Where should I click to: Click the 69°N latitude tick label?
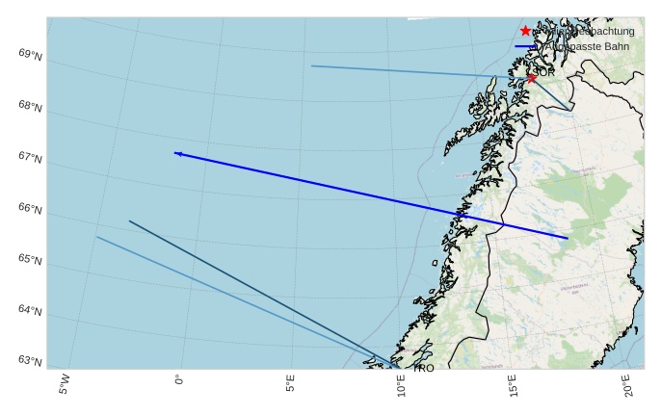[30, 54]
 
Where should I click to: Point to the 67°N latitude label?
[30, 157]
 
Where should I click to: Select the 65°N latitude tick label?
[30, 259]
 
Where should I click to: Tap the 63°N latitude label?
[30, 361]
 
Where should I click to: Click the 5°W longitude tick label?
[65, 383]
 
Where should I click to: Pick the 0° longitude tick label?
[178, 380]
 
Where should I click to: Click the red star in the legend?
[525, 31]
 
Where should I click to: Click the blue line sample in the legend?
[526, 45]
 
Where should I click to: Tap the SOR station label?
[543, 72]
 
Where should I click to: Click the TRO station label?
[423, 368]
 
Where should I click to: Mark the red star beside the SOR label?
[531, 77]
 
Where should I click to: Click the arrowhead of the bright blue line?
[177, 153]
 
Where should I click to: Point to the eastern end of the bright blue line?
[568, 238]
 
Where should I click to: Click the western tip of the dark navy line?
[129, 221]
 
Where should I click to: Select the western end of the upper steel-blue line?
[311, 65]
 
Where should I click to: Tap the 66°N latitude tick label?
[30, 208]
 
